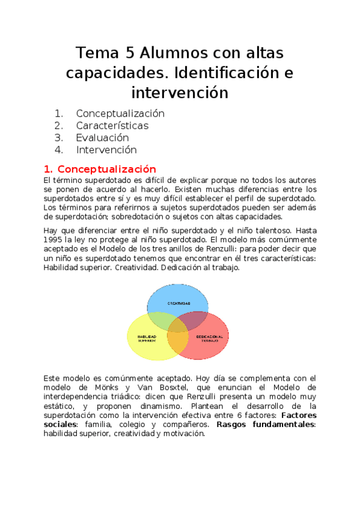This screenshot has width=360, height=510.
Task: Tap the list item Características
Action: click(x=112, y=126)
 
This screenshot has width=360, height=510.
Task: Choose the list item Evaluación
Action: click(x=102, y=138)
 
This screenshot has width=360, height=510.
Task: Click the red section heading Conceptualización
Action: click(x=106, y=169)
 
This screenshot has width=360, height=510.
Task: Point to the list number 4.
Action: click(x=58, y=150)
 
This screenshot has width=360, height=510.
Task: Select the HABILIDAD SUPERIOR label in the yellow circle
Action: click(x=147, y=338)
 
